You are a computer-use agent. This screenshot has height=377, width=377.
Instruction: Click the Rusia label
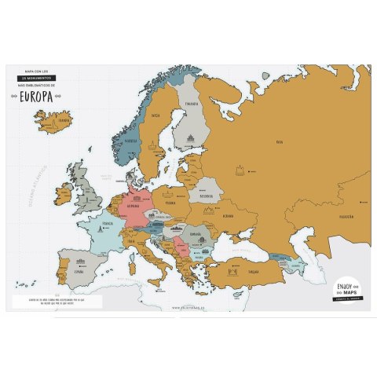coord(279,142)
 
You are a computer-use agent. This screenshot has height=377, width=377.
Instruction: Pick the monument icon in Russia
coord(238,169)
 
